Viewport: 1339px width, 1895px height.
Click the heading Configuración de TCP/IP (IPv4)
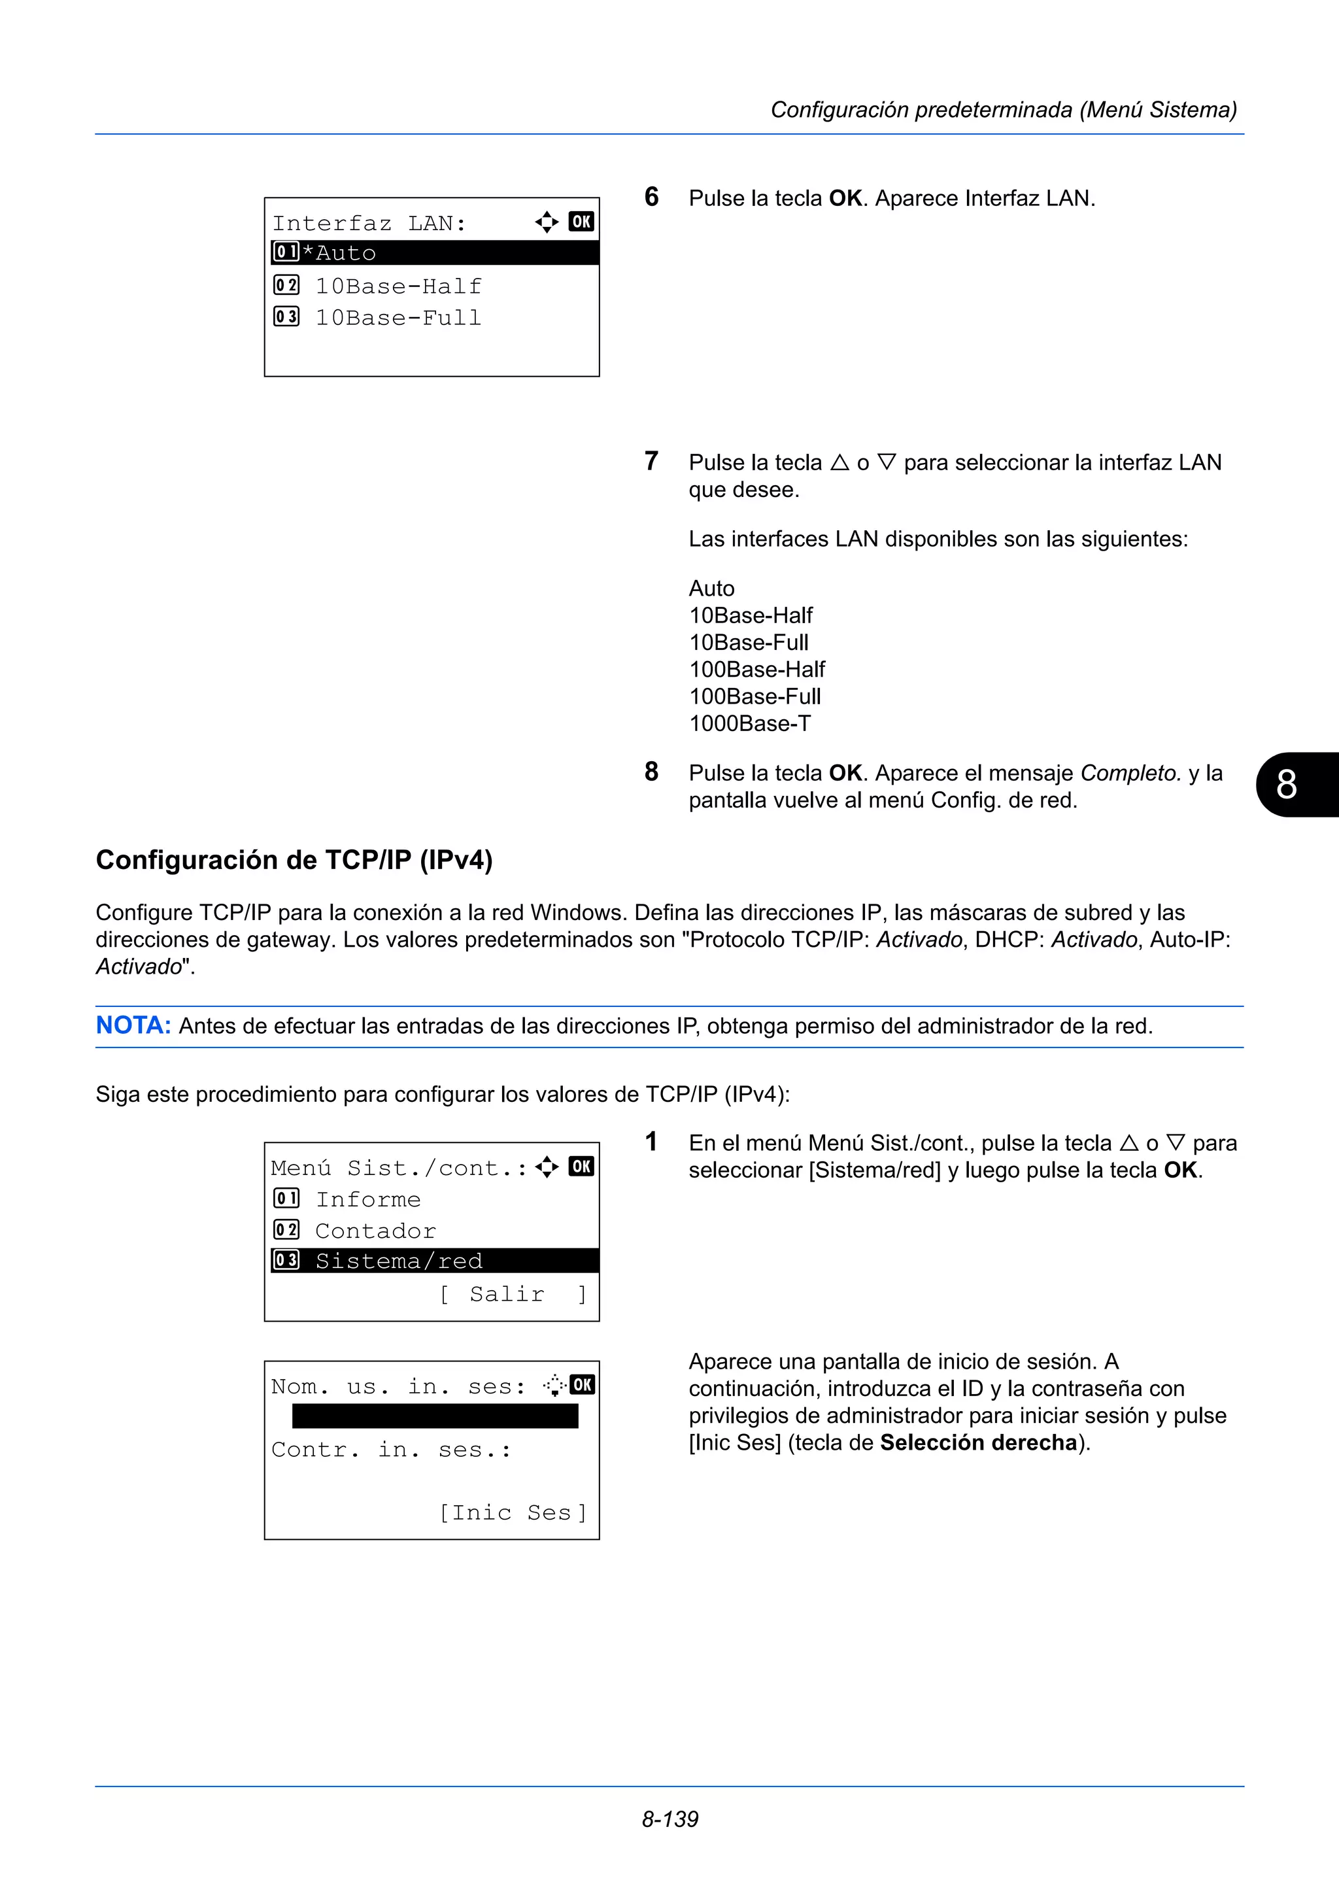(294, 860)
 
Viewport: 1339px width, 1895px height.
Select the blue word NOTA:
(133, 1025)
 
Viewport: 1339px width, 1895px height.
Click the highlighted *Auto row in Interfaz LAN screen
(434, 252)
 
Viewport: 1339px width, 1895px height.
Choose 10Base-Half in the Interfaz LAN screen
(398, 286)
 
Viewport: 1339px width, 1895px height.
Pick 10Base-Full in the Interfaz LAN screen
(398, 317)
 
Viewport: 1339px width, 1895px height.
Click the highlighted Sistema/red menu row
(434, 1260)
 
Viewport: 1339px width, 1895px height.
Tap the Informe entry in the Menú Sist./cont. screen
(368, 1199)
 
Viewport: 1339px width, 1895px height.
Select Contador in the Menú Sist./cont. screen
(375, 1230)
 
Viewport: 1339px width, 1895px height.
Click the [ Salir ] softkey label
(513, 1293)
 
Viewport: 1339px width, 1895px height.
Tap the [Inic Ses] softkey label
(513, 1511)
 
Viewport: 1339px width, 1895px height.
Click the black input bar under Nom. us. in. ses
(435, 1416)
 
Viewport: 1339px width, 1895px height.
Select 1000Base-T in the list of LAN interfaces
(749, 723)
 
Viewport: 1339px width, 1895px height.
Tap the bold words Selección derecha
(979, 1442)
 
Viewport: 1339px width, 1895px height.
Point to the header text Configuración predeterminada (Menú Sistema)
(1003, 110)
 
